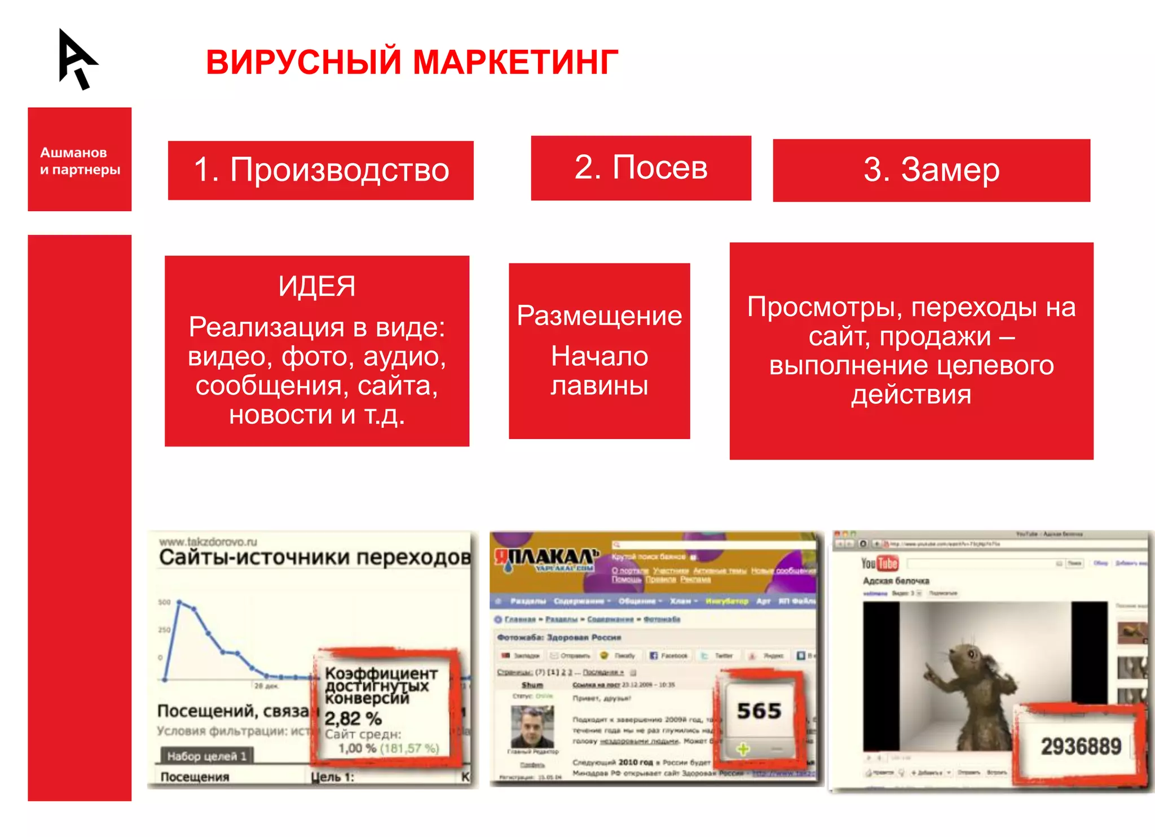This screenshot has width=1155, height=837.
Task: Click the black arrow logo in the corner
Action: pos(77,59)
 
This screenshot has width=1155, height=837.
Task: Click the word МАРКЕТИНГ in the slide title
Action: pos(515,62)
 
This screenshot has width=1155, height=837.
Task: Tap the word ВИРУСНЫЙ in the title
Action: pos(303,62)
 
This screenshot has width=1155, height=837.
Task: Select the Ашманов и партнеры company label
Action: pos(80,161)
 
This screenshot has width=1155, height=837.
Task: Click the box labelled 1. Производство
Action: pos(320,170)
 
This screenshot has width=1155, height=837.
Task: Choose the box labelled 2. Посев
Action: pos(641,168)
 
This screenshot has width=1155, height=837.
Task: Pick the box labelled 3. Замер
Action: pos(931,170)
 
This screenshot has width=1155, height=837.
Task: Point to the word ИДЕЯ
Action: pos(316,286)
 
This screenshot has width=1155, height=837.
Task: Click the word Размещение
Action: pos(599,315)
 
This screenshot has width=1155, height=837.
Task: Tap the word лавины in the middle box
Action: pos(599,386)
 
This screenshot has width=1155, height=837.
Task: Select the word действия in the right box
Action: pos(911,395)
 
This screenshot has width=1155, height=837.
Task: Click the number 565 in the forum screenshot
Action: pos(759,711)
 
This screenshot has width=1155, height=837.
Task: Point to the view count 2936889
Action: pos(1081,746)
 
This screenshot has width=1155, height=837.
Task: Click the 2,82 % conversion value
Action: pos(353,718)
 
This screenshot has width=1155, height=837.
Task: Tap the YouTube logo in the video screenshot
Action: pos(879,563)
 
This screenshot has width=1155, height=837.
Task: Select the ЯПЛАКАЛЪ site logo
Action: pos(545,559)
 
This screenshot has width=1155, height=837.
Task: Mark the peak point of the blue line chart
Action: pos(179,603)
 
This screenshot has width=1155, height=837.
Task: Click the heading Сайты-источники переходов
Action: pos(314,558)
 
